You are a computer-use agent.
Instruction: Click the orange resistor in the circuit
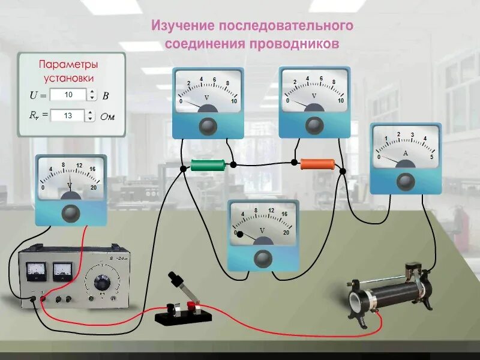pos(317,163)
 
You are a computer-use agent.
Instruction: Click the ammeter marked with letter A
pos(406,158)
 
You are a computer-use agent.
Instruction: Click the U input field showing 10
pos(68,95)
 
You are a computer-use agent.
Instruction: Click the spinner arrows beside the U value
pos(92,95)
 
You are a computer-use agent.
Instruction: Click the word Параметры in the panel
pos(68,64)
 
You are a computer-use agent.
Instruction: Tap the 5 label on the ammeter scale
pos(431,157)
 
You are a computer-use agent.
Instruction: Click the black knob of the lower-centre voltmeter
pos(262,258)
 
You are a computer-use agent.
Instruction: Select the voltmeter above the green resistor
pos(208,103)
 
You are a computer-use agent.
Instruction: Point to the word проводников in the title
pos(295,44)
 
